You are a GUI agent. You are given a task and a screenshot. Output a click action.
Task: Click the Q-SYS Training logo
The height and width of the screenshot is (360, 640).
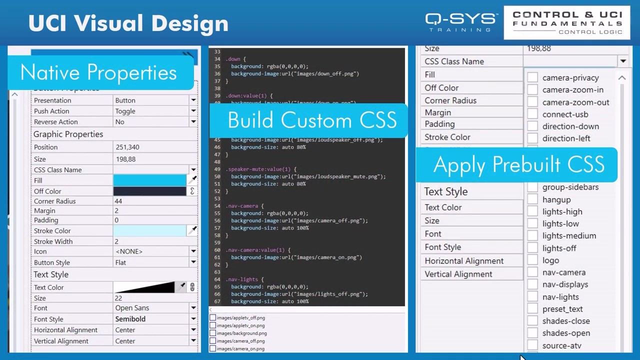click(461, 22)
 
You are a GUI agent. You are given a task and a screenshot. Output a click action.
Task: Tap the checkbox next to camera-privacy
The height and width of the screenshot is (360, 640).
click(532, 77)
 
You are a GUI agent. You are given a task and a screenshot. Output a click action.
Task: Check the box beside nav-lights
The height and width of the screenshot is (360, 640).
click(532, 296)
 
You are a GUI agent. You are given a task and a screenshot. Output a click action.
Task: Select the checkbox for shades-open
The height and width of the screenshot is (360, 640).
click(532, 333)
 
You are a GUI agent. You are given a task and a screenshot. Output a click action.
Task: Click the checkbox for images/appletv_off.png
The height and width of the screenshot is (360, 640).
click(213, 318)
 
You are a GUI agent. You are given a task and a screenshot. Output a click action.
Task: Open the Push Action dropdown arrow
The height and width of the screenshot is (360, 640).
click(193, 111)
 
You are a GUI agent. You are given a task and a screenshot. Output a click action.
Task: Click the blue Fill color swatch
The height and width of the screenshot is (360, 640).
click(149, 180)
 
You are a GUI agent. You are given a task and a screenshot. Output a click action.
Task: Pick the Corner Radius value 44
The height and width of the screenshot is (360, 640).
click(118, 201)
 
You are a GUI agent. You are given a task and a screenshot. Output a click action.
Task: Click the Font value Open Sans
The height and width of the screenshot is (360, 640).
click(132, 308)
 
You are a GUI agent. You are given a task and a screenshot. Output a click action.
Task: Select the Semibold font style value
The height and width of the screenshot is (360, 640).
click(130, 319)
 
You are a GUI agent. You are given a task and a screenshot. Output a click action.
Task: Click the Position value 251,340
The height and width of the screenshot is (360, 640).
click(127, 147)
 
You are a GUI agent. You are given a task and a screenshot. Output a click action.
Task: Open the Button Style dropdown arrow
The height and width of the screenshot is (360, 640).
click(193, 262)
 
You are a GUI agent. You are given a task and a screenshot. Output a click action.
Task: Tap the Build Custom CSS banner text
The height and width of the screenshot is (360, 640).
click(312, 120)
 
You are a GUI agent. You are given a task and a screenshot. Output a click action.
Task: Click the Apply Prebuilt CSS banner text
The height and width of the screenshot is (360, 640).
click(518, 165)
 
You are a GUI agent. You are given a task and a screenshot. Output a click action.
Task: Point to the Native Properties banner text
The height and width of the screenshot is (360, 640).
click(98, 72)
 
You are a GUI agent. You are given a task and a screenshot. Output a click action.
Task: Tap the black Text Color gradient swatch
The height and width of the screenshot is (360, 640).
click(144, 287)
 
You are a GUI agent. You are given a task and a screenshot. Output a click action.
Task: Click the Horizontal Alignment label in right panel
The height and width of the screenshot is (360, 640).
click(464, 260)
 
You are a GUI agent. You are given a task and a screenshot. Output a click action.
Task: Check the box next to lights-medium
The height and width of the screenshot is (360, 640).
click(532, 235)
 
